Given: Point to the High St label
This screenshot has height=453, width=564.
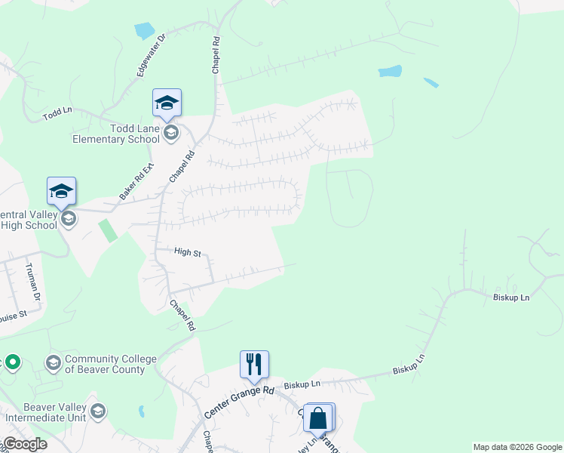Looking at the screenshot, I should coord(187,252).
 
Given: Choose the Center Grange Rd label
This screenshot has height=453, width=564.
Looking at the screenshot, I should coord(239,402).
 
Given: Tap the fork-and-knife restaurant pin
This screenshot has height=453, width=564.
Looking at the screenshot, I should coord(255,364).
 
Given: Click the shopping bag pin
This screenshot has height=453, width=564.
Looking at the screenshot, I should coord(318,417).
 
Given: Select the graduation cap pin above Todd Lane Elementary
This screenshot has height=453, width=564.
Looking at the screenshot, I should coord(167,103).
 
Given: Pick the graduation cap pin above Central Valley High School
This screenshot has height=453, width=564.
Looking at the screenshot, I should coord(61,191).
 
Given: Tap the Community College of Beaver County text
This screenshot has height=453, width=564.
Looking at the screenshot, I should coord(104,364).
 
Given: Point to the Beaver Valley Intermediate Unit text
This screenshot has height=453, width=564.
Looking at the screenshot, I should coord(44,411).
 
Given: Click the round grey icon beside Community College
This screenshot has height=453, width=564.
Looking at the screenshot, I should coord(54,363).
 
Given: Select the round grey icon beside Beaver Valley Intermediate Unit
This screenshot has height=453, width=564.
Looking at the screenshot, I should coord(97,411).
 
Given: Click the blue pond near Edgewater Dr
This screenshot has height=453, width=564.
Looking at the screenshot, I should coord(143,31).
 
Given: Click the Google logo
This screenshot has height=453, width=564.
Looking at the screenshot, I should coord(25,444).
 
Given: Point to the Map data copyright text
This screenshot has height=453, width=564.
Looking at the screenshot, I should coord(517,447).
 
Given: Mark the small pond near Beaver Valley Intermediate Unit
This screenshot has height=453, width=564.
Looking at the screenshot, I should coord(142,411).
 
